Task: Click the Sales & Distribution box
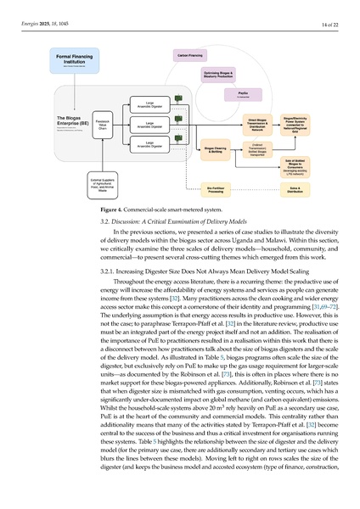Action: coord(295,191)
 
